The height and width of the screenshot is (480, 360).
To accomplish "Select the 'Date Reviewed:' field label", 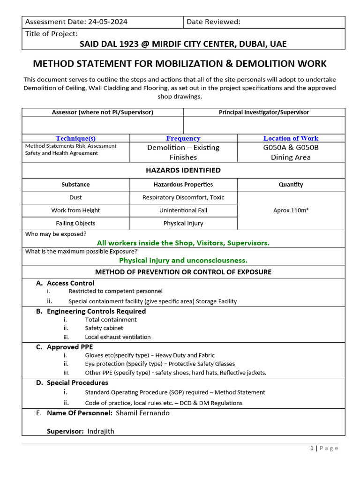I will click(213, 22).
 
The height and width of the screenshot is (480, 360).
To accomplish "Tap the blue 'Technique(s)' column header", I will click(75, 138).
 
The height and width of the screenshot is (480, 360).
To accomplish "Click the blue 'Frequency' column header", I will click(183, 138).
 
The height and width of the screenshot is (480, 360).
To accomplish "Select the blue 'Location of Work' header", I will click(291, 138).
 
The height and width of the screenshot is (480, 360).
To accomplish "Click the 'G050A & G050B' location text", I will click(291, 147).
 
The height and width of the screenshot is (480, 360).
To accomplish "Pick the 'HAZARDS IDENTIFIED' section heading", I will click(183, 170).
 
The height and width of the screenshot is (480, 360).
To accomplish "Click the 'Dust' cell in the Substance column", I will click(75, 197).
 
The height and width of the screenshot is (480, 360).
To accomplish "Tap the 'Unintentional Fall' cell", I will click(183, 210).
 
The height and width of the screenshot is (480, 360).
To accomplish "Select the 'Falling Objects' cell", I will click(75, 223).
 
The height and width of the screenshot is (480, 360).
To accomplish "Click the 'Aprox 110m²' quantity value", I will click(291, 210).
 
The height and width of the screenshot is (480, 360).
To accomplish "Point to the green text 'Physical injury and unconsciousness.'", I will click(183, 260).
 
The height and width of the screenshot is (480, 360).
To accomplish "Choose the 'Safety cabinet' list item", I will click(104, 328).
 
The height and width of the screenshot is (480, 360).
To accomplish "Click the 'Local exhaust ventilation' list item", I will click(118, 337).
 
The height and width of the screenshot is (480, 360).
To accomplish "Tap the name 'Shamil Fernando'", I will click(142, 413).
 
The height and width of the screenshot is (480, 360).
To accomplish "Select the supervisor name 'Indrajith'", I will click(101, 431).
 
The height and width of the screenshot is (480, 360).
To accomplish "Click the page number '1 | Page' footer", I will click(324, 448).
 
